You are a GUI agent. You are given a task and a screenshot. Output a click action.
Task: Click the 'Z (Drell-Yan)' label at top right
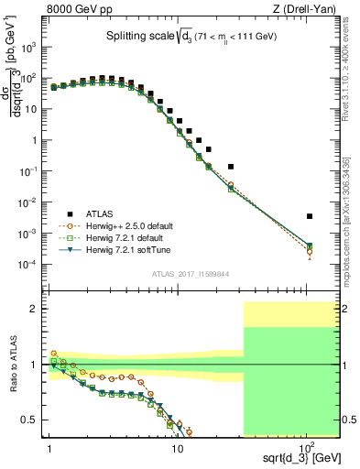[307, 8]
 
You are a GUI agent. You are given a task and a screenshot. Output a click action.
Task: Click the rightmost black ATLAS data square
[310, 216]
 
